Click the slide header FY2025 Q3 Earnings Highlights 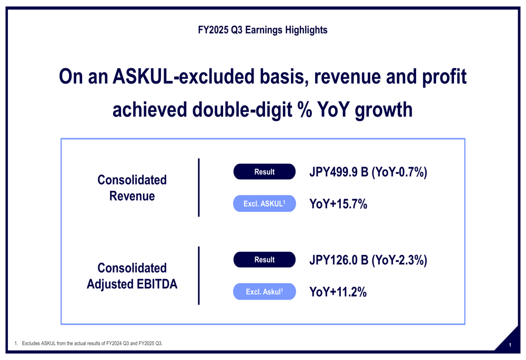tap(262, 30)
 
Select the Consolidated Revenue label tap(132, 188)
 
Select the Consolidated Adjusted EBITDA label tap(132, 276)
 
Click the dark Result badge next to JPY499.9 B tap(264, 172)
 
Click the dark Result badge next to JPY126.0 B tap(264, 260)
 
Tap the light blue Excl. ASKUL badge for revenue tap(264, 204)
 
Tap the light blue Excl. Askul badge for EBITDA tap(264, 292)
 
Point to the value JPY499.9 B tap(339, 172)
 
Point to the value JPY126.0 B tap(339, 260)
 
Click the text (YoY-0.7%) tap(399, 172)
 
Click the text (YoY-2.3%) tap(399, 260)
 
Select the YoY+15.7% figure tap(338, 204)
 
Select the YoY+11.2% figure tap(338, 292)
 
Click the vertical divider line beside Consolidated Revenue tap(199, 188)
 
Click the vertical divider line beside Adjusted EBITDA tap(199, 275)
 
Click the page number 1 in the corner tap(510, 345)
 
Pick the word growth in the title tap(383, 110)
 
